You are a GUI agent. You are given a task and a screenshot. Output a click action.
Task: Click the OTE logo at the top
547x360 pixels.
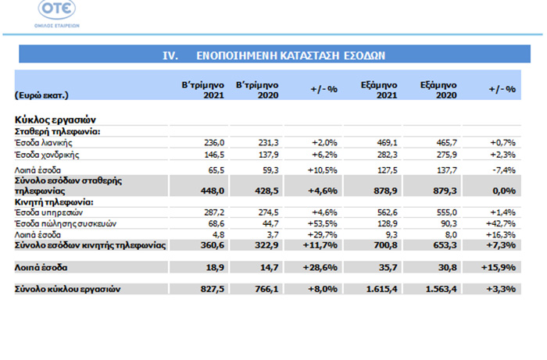tap(57, 13)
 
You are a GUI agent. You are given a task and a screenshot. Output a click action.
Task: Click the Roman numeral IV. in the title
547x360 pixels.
tap(170, 55)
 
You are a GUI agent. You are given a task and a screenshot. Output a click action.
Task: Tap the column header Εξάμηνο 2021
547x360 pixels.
tap(379, 90)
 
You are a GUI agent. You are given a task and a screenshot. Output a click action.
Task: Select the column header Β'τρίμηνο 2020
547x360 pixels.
tap(257, 90)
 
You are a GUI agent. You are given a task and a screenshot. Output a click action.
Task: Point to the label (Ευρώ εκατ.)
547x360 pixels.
tap(41, 95)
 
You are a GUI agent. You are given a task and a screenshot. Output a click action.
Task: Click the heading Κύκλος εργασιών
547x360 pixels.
tap(55, 120)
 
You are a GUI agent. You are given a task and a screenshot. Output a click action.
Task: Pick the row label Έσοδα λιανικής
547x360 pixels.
tap(44, 143)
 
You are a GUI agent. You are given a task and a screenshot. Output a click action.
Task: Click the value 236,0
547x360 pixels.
tap(214, 143)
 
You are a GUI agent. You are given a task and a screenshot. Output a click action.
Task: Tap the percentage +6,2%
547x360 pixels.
tap(324, 155)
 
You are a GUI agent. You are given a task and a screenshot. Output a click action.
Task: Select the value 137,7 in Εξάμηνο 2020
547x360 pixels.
tap(446, 170)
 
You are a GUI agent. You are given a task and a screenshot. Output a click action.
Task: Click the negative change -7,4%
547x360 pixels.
tap(504, 170)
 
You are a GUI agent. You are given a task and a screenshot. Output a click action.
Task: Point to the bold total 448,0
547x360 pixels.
tap(213, 191)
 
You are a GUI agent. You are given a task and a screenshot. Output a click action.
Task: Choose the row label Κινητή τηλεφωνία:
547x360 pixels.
tap(54, 202)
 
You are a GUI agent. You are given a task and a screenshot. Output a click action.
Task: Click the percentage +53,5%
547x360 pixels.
tap(322, 223)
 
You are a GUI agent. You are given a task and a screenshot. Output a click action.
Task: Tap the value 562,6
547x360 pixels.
tap(388, 212)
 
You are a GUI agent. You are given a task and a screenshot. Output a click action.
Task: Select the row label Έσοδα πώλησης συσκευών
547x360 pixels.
tap(66, 223)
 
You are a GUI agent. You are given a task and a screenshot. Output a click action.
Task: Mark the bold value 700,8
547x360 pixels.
tap(385, 245)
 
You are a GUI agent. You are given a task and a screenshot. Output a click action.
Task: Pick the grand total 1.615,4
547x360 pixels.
tap(381, 289)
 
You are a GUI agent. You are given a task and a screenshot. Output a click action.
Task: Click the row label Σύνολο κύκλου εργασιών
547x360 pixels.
tap(68, 289)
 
